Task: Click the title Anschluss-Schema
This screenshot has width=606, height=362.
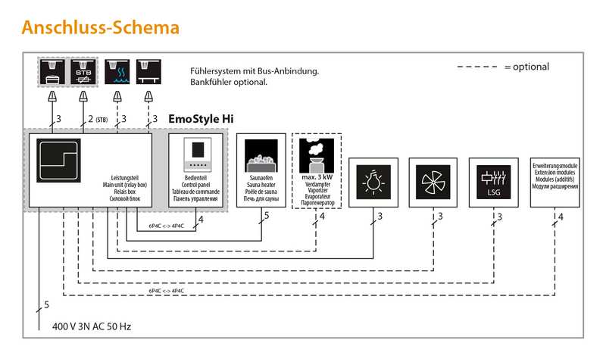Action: (100, 28)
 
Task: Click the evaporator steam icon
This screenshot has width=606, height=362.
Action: (317, 154)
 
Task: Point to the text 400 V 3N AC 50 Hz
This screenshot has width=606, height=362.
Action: (91, 327)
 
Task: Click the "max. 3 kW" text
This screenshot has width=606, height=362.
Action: (317, 177)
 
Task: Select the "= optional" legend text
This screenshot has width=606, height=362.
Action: (526, 67)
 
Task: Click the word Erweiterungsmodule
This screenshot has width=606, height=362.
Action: (555, 166)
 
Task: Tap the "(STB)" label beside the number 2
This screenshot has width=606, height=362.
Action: (102, 119)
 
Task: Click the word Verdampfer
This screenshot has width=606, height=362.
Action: (317, 185)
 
